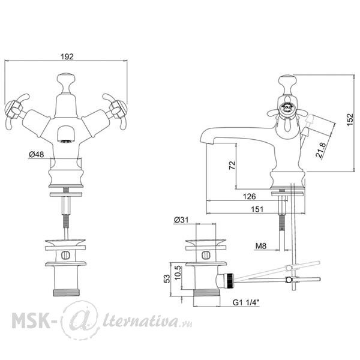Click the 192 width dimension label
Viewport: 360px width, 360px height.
[x=67, y=56]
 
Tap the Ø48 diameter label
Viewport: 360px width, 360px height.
[x=36, y=155]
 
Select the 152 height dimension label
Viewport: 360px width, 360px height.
[x=350, y=119]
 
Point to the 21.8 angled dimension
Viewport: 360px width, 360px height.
[x=321, y=150]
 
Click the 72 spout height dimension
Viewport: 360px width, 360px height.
[x=232, y=165]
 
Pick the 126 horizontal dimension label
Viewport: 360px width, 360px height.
[x=249, y=196]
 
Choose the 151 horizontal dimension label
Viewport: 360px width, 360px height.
[x=257, y=209]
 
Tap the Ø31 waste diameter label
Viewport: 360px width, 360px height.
[x=181, y=220]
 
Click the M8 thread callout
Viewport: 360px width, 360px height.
[x=261, y=246]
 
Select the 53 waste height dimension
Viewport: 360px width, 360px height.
[x=167, y=279]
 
